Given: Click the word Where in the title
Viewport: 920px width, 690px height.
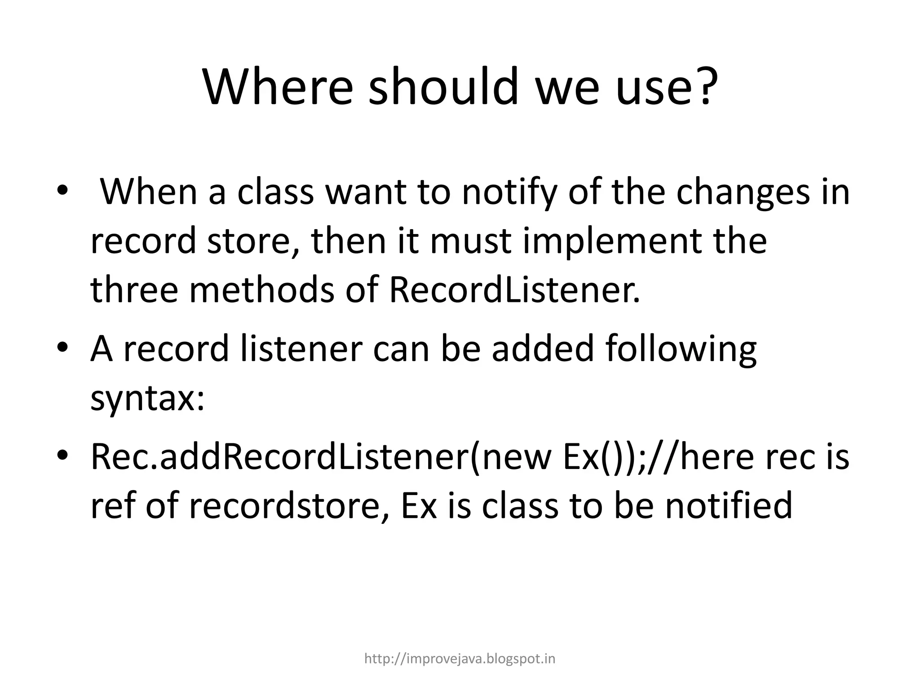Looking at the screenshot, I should pos(278,86).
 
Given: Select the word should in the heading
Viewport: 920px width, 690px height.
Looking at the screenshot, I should pos(443,86).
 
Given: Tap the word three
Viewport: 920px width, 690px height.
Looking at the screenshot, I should pos(134,290).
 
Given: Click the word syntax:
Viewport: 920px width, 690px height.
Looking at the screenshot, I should pos(147,399).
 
